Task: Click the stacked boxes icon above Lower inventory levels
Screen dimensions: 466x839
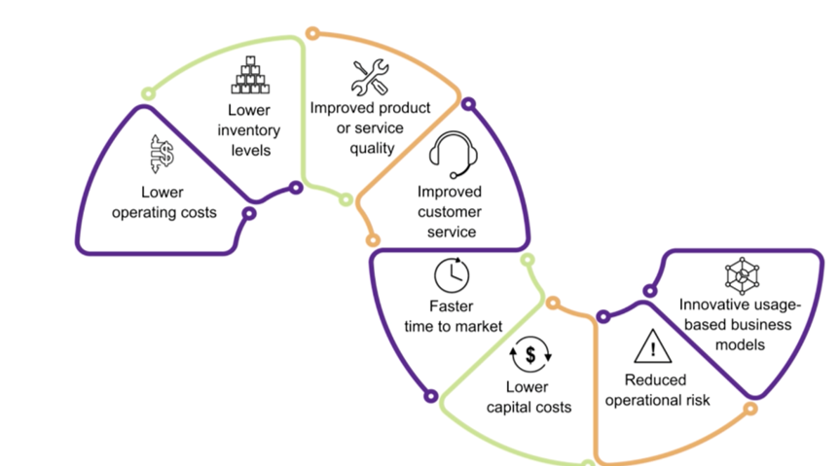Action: click(250, 76)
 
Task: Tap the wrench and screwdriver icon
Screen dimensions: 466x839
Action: click(370, 78)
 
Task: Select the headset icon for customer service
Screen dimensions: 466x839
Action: click(449, 155)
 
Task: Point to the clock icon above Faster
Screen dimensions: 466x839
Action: click(451, 275)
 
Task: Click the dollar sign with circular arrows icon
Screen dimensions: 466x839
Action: click(530, 355)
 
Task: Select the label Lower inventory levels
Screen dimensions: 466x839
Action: click(250, 131)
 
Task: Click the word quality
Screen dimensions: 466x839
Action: click(372, 148)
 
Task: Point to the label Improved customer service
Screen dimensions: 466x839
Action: click(449, 211)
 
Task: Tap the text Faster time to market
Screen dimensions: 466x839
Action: click(452, 315)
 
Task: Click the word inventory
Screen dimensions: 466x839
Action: click(250, 131)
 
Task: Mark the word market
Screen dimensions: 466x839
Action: click(479, 326)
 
